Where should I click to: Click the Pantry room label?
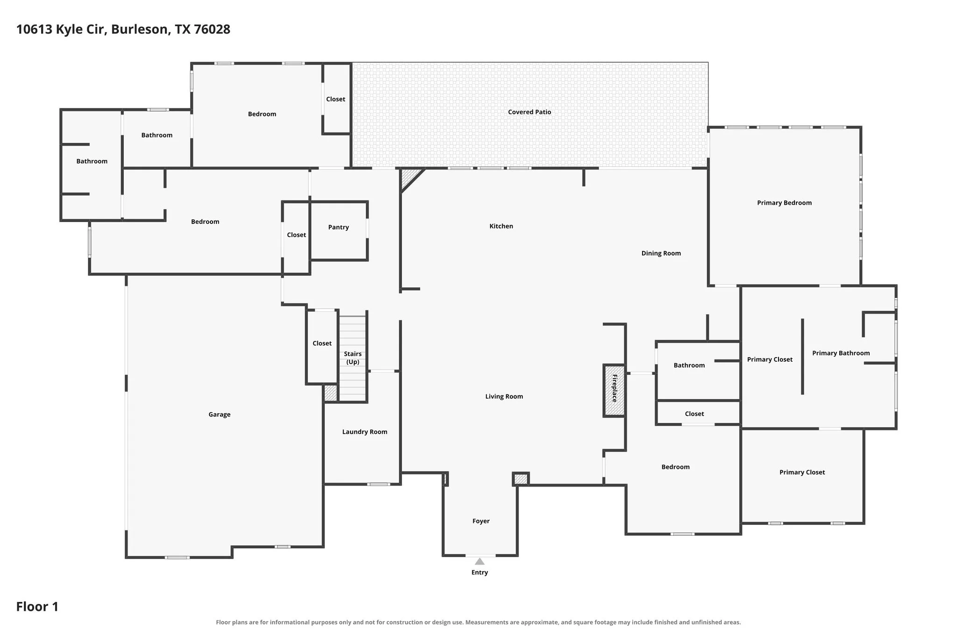(338, 227)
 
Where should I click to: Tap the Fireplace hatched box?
(614, 391)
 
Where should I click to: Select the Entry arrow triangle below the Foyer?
(479, 561)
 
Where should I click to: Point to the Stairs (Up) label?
(353, 358)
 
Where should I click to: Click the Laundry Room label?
(364, 432)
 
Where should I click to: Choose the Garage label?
(219, 415)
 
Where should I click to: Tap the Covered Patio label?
(529, 112)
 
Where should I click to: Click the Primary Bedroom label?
(784, 203)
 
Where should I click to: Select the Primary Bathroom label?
(841, 353)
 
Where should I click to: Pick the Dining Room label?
(661, 253)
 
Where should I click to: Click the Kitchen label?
(501, 226)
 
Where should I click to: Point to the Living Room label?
(504, 396)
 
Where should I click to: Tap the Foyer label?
(481, 521)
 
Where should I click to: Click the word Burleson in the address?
(140, 29)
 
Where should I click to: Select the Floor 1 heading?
(37, 607)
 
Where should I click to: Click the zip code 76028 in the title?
(212, 29)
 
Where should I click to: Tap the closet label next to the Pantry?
(296, 235)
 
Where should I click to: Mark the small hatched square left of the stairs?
(330, 393)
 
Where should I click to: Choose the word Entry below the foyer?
(479, 573)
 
